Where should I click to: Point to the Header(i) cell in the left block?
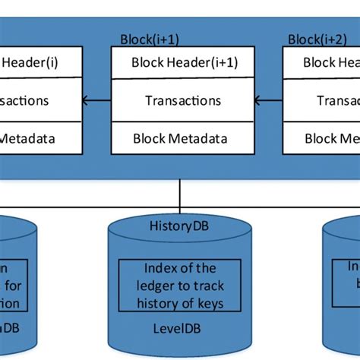pyautogui.click(x=29, y=62)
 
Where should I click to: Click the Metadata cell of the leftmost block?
pyautogui.click(x=29, y=138)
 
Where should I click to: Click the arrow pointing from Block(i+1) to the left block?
pyautogui.click(x=96, y=99)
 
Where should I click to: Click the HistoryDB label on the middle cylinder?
pyautogui.click(x=179, y=226)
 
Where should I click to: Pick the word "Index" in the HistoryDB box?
pyautogui.click(x=158, y=268)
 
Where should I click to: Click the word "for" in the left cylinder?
pyautogui.click(x=18, y=286)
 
